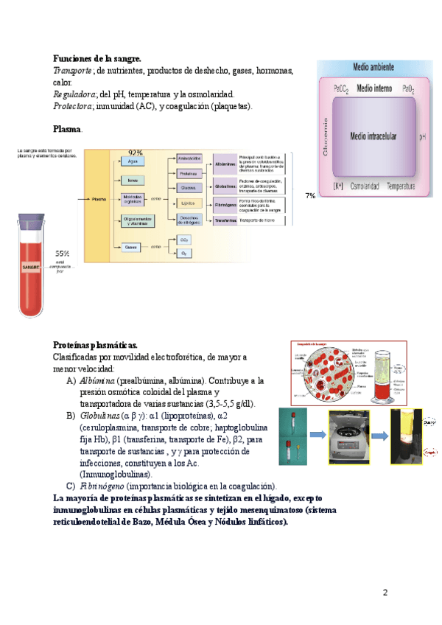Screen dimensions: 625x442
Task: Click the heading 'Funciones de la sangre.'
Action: point(97,58)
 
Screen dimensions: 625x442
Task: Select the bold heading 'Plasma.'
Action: point(68,129)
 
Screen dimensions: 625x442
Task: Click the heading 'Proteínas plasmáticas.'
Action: point(95,345)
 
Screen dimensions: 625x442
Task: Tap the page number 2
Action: point(384,593)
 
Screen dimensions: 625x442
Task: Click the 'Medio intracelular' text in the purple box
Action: point(373,136)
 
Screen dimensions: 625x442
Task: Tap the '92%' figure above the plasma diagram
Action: point(136,153)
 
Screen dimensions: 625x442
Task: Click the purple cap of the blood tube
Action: point(35,223)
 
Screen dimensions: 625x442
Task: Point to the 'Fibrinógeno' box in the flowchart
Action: point(225,204)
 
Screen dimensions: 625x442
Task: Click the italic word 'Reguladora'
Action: point(73,94)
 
